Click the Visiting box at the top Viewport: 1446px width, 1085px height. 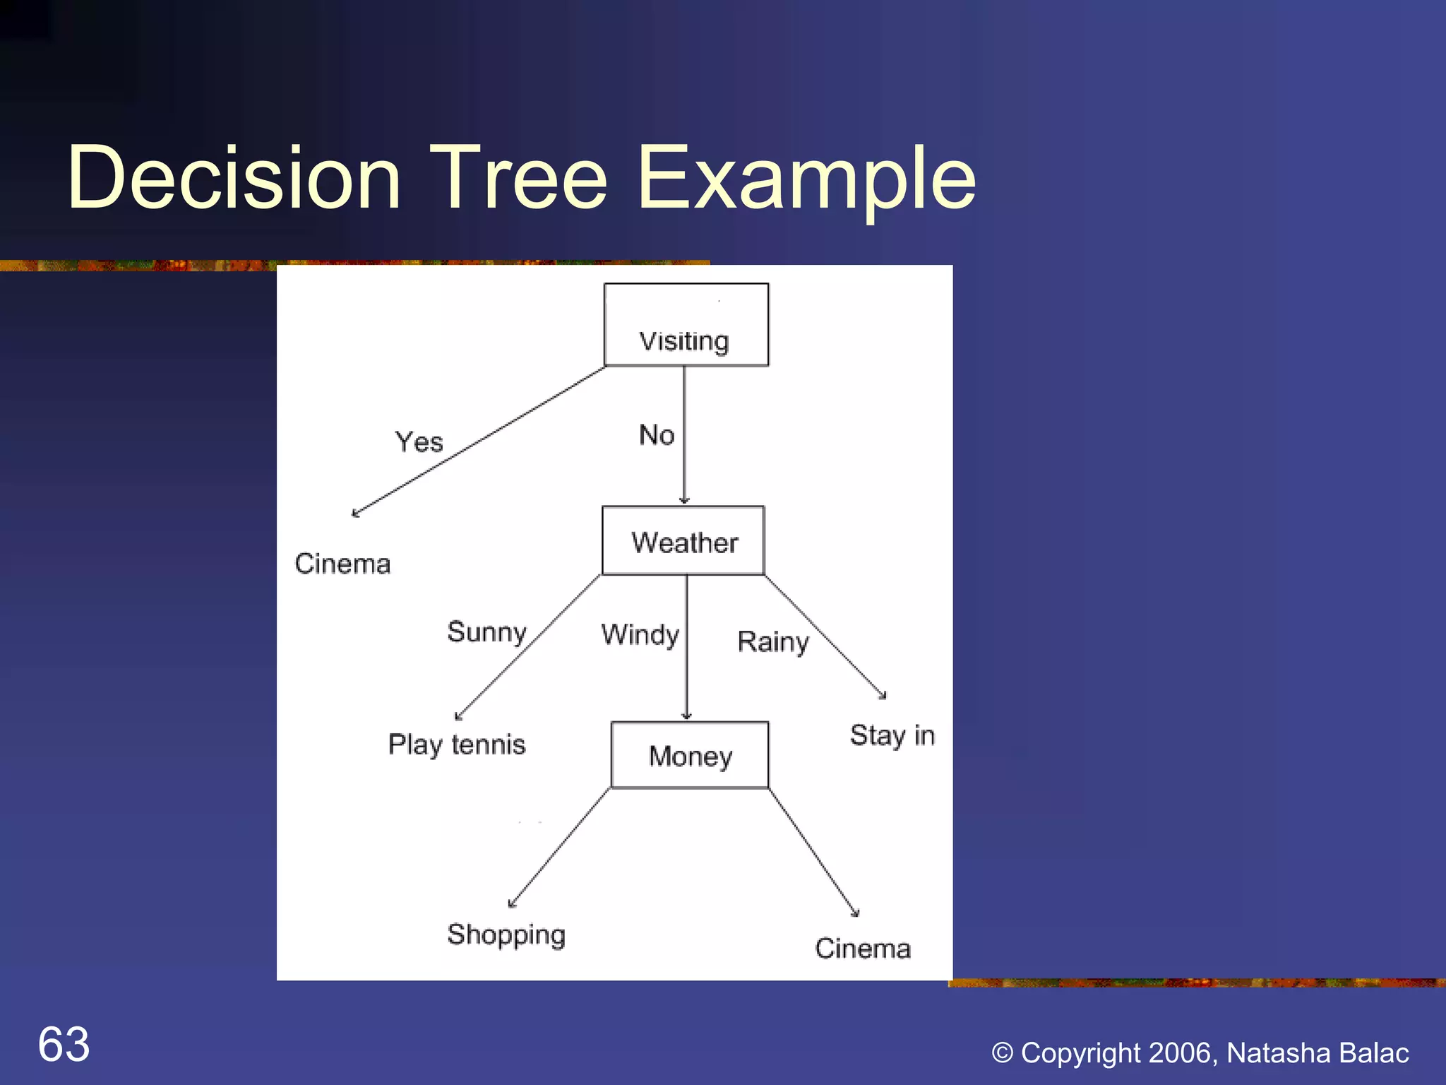coord(686,326)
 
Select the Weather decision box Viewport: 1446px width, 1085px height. coord(683,541)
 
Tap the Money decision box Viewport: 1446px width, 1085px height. coord(690,755)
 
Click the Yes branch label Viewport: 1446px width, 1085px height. coord(419,443)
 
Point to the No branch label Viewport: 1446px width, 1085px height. coord(657,435)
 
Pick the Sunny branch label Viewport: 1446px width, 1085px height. coord(487,632)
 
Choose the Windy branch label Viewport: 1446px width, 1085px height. coord(640,635)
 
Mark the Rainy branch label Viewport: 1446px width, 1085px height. coord(773,642)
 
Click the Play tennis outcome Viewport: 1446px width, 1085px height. coord(457,745)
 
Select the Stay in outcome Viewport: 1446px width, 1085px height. coord(892,736)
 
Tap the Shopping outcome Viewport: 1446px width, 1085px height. coord(506,935)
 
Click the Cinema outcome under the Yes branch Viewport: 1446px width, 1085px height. coord(342,564)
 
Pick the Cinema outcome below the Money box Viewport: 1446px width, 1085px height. coord(863,949)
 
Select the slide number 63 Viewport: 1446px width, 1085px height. coord(64,1044)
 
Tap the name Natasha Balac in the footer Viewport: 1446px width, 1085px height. coord(1317,1053)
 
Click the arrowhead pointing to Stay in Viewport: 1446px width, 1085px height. coord(883,696)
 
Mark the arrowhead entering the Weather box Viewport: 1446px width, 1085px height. coord(684,500)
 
